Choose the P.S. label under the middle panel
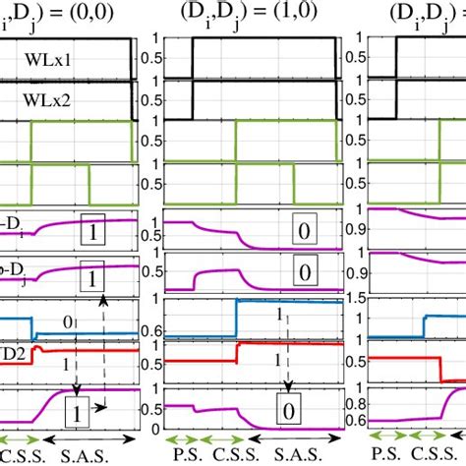(183, 455)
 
